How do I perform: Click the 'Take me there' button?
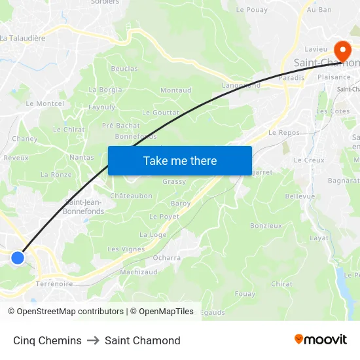pyautogui.click(x=180, y=161)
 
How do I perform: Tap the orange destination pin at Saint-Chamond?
pyautogui.click(x=342, y=50)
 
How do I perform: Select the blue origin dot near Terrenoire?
pyautogui.click(x=18, y=258)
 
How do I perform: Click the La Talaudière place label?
pyautogui.click(x=23, y=38)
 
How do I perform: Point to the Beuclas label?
pyautogui.click(x=124, y=69)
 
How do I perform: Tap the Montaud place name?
pyautogui.click(x=176, y=90)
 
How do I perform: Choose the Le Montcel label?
pyautogui.click(x=45, y=103)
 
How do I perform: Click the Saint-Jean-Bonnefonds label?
pyautogui.click(x=83, y=207)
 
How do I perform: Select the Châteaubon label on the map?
pyautogui.click(x=131, y=196)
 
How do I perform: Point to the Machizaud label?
pyautogui.click(x=138, y=272)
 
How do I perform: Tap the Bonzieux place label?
pyautogui.click(x=266, y=226)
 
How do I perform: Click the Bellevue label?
pyautogui.click(x=300, y=196)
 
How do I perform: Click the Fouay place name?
pyautogui.click(x=245, y=294)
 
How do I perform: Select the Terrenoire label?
pyautogui.click(x=54, y=283)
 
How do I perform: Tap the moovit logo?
pyautogui.click(x=321, y=340)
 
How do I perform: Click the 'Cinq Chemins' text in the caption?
pyautogui.click(x=47, y=340)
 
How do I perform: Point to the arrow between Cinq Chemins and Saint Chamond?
pyautogui.click(x=93, y=340)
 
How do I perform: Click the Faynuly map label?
pyautogui.click(x=101, y=107)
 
